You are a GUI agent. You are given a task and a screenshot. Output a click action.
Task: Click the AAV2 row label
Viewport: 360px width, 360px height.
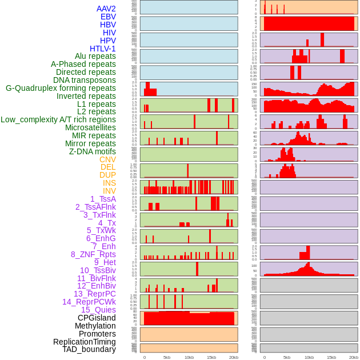pos(106,9)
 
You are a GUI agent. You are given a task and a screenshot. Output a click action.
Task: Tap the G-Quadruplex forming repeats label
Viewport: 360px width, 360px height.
pos(61,88)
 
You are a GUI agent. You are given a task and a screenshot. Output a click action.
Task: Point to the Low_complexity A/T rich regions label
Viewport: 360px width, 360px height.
pos(58,119)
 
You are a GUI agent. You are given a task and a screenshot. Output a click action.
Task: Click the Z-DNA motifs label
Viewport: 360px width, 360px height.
pos(92,151)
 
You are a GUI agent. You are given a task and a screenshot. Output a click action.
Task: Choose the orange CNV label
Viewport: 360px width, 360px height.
pos(107,159)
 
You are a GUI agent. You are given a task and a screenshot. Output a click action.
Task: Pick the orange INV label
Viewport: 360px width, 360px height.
pos(109,191)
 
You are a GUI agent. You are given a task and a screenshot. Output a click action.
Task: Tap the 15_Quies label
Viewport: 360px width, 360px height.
pos(98,310)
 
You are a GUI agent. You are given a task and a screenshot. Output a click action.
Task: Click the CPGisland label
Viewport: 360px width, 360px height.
pos(97,318)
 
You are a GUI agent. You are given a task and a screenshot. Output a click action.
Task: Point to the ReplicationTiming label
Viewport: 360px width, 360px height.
pos(84,342)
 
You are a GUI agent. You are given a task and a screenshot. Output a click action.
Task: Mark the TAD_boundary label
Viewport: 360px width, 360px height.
pos(89,349)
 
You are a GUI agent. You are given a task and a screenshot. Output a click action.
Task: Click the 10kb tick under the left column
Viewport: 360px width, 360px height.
pos(189,357)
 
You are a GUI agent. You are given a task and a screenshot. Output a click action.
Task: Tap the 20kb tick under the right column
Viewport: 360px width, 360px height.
pos(354,357)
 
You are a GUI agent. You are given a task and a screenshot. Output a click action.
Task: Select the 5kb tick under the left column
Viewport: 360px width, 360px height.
pos(167,357)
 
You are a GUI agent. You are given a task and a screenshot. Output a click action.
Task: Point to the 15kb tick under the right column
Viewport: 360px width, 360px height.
pos(331,357)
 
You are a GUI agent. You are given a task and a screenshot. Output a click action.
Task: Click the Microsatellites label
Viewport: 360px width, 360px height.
pos(90,127)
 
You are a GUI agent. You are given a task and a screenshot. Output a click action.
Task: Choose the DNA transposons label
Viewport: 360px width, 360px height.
pos(85,80)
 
